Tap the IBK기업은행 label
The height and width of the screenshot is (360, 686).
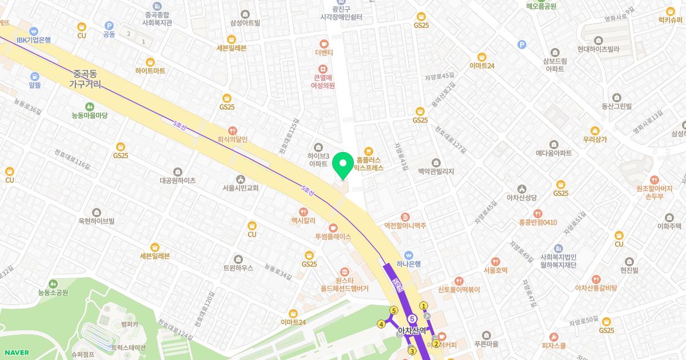pyautogui.click(x=34, y=40)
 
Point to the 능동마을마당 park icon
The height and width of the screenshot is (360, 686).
pyautogui.click(x=90, y=106)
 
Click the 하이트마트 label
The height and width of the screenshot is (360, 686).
pyautogui.click(x=150, y=71)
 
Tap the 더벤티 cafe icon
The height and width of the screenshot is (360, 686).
pyautogui.click(x=324, y=43)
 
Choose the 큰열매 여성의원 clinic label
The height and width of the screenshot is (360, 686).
pyautogui.click(x=322, y=82)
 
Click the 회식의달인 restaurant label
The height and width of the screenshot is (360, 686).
pyautogui.click(x=233, y=139)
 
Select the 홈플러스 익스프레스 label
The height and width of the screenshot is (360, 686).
pyautogui.click(x=369, y=165)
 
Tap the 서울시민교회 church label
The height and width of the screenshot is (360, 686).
pyautogui.click(x=241, y=187)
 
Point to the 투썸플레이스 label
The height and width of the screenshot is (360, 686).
pyautogui.click(x=333, y=237)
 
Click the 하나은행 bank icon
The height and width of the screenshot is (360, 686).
pyautogui.click(x=409, y=255)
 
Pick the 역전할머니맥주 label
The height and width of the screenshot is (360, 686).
pyautogui.click(x=405, y=226)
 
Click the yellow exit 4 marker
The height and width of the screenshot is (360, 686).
pyautogui.click(x=381, y=325)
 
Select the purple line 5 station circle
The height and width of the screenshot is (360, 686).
pyautogui.click(x=412, y=318)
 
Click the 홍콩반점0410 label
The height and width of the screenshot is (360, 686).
pyautogui.click(x=537, y=222)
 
